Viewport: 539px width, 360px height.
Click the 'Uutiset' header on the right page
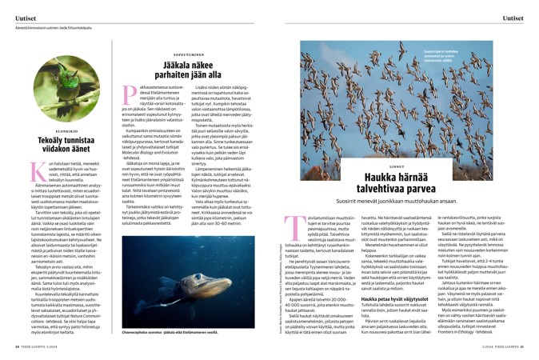tap(512, 16)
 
